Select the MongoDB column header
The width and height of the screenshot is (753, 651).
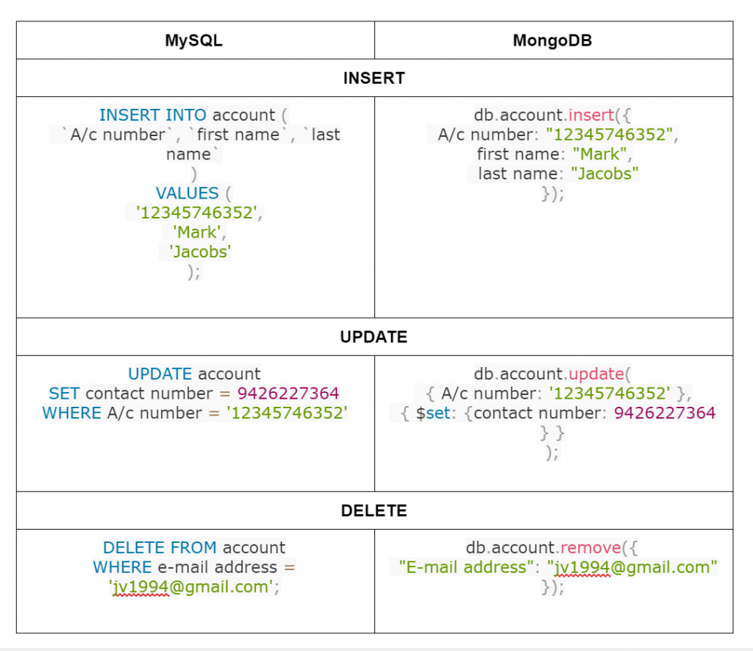point(552,40)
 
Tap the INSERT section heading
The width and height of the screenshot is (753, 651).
point(374,78)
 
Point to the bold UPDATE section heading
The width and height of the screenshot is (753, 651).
point(374,337)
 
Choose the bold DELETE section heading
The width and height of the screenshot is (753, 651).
point(374,511)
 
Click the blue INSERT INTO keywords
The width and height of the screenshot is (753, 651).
point(153,115)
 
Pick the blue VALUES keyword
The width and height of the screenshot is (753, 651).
point(188,193)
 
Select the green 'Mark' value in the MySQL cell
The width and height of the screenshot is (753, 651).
point(195,232)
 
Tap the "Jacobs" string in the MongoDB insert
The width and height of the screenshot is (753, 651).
point(604,174)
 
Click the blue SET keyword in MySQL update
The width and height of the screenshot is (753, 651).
point(65,394)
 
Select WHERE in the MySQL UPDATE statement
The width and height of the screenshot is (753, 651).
point(72,413)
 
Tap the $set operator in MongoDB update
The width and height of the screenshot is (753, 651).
point(432,413)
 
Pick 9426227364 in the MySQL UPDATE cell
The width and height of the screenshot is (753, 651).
point(288,394)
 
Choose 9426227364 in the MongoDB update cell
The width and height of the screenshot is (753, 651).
point(664,413)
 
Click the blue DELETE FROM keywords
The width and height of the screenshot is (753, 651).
point(160,548)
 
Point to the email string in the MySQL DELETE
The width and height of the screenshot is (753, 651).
point(193,587)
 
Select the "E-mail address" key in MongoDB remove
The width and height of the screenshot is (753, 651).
point(463,567)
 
